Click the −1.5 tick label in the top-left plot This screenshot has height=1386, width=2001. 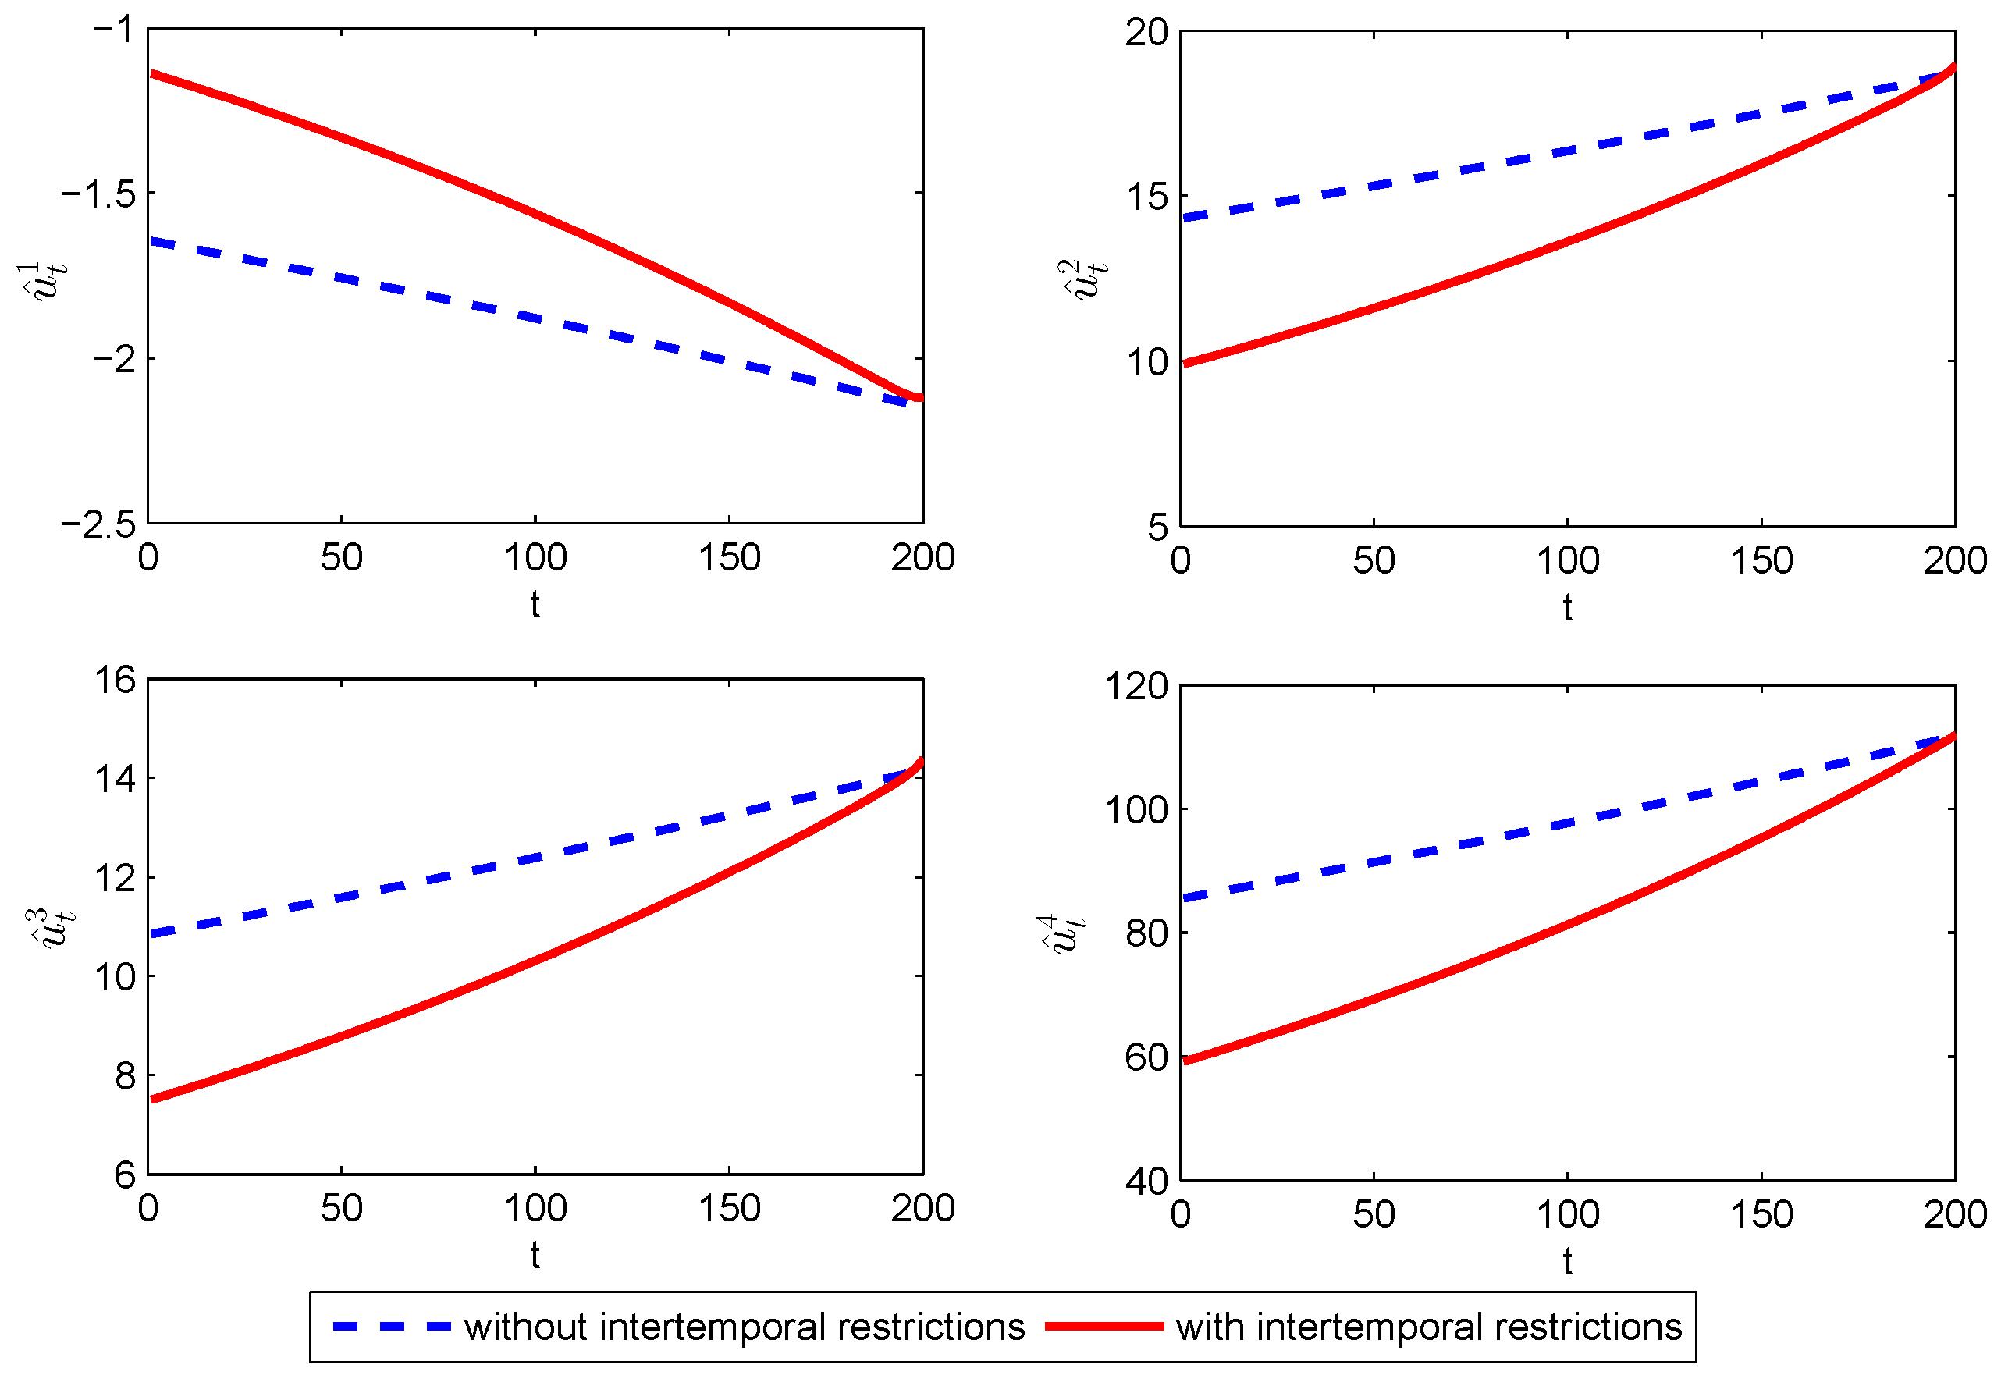[x=99, y=194]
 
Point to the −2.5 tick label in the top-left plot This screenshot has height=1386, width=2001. [x=99, y=525]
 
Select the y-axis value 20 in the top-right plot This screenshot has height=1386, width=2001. [x=1146, y=33]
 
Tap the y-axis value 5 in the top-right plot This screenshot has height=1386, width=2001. [x=1157, y=527]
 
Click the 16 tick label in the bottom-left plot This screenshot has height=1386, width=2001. [x=116, y=680]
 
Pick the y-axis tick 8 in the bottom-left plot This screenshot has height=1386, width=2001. [x=126, y=1076]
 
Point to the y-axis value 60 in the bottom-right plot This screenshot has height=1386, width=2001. [x=1146, y=1057]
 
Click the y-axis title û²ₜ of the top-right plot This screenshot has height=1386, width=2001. [x=1084, y=279]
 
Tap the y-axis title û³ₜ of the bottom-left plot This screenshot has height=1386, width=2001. [x=51, y=927]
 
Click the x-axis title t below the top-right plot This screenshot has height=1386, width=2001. [x=1568, y=607]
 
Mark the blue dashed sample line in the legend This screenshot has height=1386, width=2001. [x=391, y=1326]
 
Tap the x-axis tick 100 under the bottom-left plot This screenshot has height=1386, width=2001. [x=535, y=1208]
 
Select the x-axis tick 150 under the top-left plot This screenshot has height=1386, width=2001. [x=730, y=557]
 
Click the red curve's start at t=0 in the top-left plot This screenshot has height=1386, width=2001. [x=151, y=74]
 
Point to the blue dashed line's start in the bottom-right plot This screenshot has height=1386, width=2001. [x=1185, y=897]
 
